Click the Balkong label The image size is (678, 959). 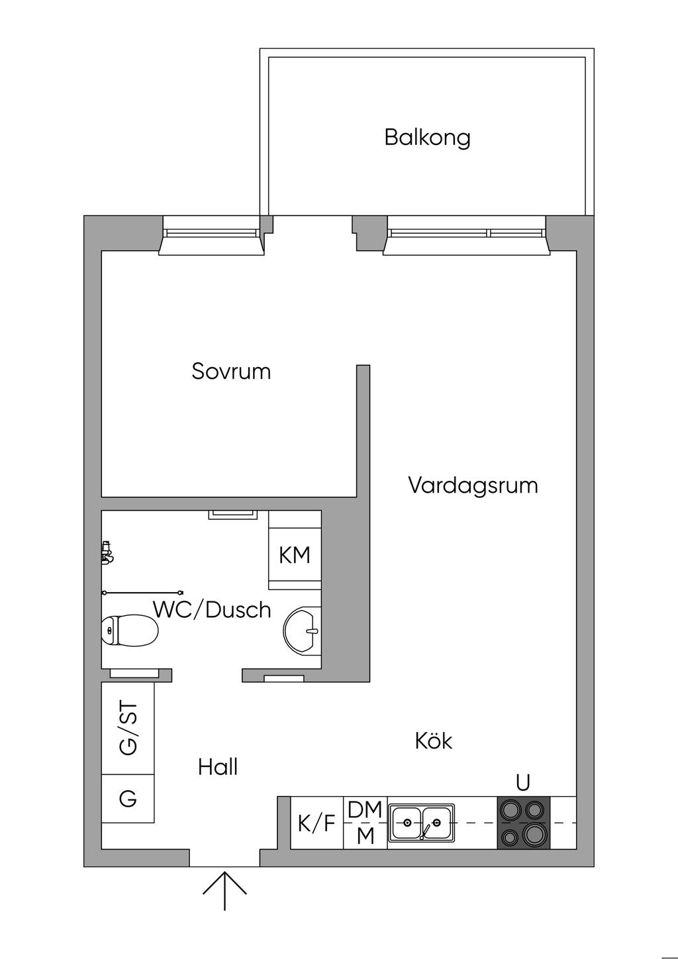pos(427,138)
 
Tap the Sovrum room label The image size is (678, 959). pos(231,371)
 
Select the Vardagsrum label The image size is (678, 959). pos(472,485)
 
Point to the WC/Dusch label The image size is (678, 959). pos(212,609)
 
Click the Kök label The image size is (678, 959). pos(434,740)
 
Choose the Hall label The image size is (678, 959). pos(218,767)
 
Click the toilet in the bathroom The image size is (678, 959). pos(130,630)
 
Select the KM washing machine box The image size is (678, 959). pos(295,555)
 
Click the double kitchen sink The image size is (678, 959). pos(421,823)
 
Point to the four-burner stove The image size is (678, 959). pos(523,822)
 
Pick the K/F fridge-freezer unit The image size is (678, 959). pos(317,823)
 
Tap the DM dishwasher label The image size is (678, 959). pos(365,809)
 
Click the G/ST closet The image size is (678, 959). pos(128,728)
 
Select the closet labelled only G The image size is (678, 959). pos(128,799)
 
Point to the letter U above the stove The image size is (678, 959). pos(523,783)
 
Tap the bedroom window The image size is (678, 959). pos(211,234)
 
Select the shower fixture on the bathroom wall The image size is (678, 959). pos(107,552)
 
